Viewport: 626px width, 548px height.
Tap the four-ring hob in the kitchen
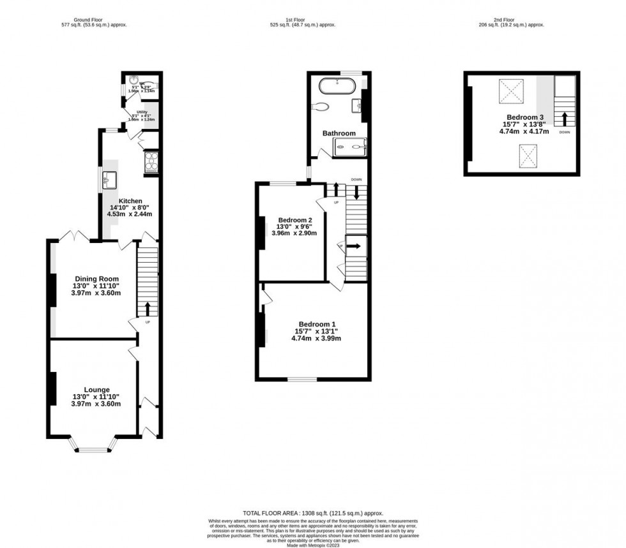click(x=152, y=162)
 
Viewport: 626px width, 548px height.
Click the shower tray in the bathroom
click(x=351, y=147)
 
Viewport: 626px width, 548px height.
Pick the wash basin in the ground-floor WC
click(x=132, y=82)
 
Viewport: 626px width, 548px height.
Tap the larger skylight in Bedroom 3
click(x=510, y=91)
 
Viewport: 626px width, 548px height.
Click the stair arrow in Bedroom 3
click(x=564, y=118)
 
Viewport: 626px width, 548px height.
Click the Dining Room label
click(x=96, y=279)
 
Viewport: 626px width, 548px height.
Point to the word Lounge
click(x=96, y=390)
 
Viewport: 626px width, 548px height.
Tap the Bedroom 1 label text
click(x=316, y=323)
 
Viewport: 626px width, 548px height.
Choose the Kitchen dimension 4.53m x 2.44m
click(x=130, y=214)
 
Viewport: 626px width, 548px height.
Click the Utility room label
click(x=133, y=112)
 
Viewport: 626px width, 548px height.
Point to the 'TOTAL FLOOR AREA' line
click(x=312, y=513)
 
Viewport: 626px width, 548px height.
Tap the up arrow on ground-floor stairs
click(x=148, y=309)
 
